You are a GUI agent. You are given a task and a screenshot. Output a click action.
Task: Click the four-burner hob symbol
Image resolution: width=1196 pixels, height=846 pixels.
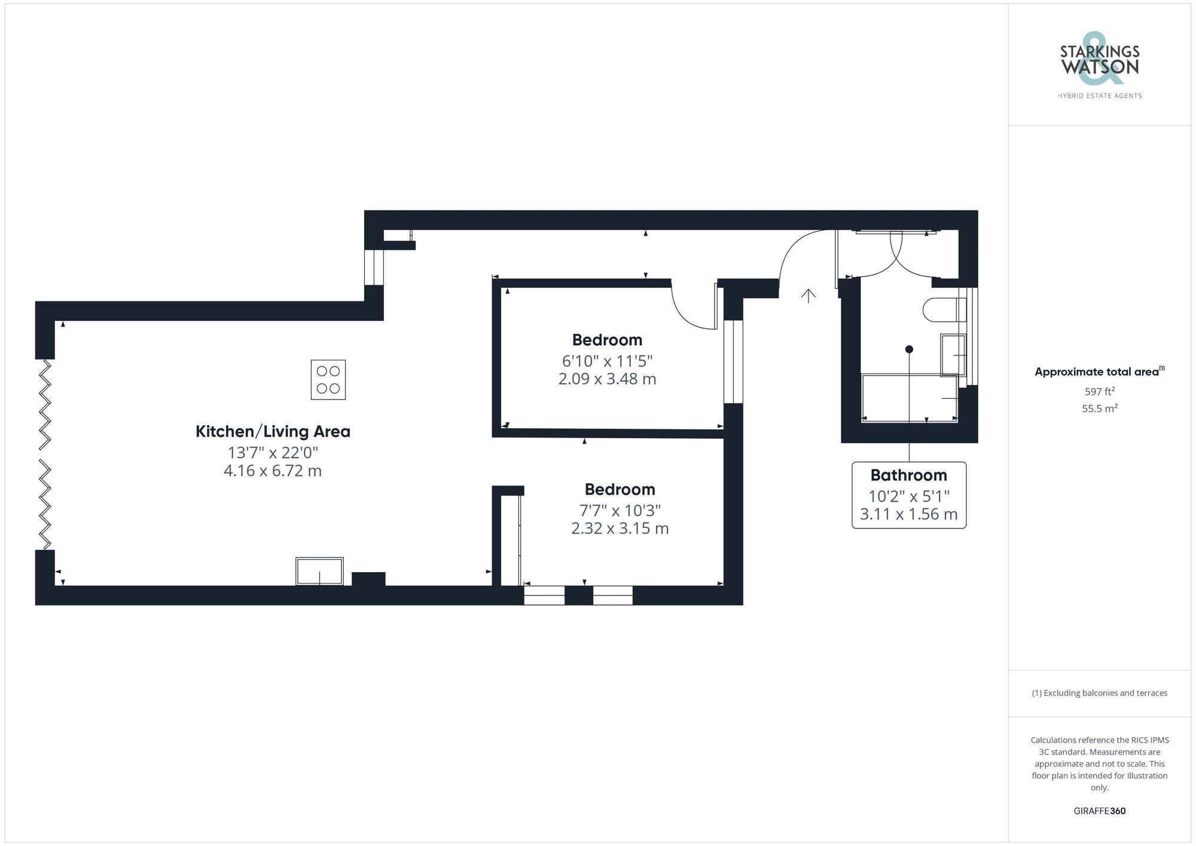pyautogui.click(x=328, y=380)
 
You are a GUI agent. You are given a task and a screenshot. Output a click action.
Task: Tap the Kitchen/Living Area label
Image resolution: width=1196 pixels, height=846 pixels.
pyautogui.click(x=273, y=431)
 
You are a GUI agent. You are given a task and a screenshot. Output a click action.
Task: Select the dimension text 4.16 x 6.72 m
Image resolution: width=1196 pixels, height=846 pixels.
pyautogui.click(x=273, y=471)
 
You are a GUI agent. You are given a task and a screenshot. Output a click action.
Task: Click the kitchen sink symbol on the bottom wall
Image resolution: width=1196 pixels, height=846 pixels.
pyautogui.click(x=319, y=571)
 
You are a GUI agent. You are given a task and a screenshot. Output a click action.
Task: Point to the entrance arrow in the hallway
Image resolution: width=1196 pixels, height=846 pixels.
pyautogui.click(x=808, y=296)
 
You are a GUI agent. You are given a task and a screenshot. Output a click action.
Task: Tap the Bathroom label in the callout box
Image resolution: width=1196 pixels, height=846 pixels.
pyautogui.click(x=908, y=475)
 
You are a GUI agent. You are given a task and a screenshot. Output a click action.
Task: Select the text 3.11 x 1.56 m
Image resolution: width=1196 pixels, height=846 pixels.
pyautogui.click(x=908, y=514)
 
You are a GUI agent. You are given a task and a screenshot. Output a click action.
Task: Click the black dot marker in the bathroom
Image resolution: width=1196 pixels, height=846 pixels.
pyautogui.click(x=909, y=349)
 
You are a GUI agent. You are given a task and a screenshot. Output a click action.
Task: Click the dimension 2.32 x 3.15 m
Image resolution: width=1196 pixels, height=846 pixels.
pyautogui.click(x=620, y=529)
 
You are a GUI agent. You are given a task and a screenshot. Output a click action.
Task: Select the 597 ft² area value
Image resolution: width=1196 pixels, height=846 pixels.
pyautogui.click(x=1099, y=392)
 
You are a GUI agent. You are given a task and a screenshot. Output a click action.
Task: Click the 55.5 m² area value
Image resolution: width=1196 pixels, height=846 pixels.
pyautogui.click(x=1099, y=409)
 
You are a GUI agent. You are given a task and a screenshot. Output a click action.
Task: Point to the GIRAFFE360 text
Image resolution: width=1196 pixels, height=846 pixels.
pyautogui.click(x=1099, y=811)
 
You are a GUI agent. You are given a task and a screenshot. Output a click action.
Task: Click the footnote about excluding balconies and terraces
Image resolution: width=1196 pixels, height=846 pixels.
pyautogui.click(x=1099, y=693)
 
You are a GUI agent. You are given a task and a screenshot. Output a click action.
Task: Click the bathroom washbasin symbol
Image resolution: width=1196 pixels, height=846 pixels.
pyautogui.click(x=952, y=355)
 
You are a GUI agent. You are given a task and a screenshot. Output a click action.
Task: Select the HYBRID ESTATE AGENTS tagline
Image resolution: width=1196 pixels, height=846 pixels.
pyautogui.click(x=1099, y=96)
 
